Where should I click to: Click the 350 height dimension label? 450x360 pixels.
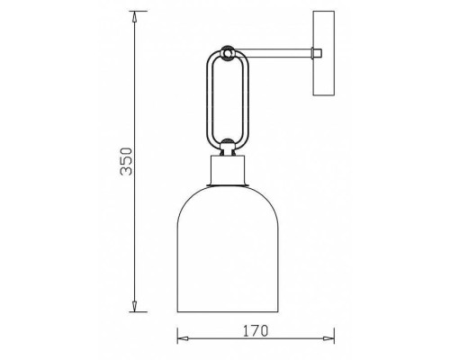point(126,161)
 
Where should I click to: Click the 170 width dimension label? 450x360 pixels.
point(256,330)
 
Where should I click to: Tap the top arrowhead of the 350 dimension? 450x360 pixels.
point(134,16)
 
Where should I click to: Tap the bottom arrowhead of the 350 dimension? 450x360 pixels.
point(134,307)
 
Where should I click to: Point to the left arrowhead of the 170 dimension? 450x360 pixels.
point(183,338)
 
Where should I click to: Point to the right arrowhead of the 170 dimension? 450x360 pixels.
point(329,338)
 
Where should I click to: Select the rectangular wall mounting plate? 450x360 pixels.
point(324,53)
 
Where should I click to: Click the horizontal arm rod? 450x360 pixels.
point(273,53)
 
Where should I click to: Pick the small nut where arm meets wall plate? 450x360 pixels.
point(317,53)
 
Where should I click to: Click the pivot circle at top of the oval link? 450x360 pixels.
point(228,53)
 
